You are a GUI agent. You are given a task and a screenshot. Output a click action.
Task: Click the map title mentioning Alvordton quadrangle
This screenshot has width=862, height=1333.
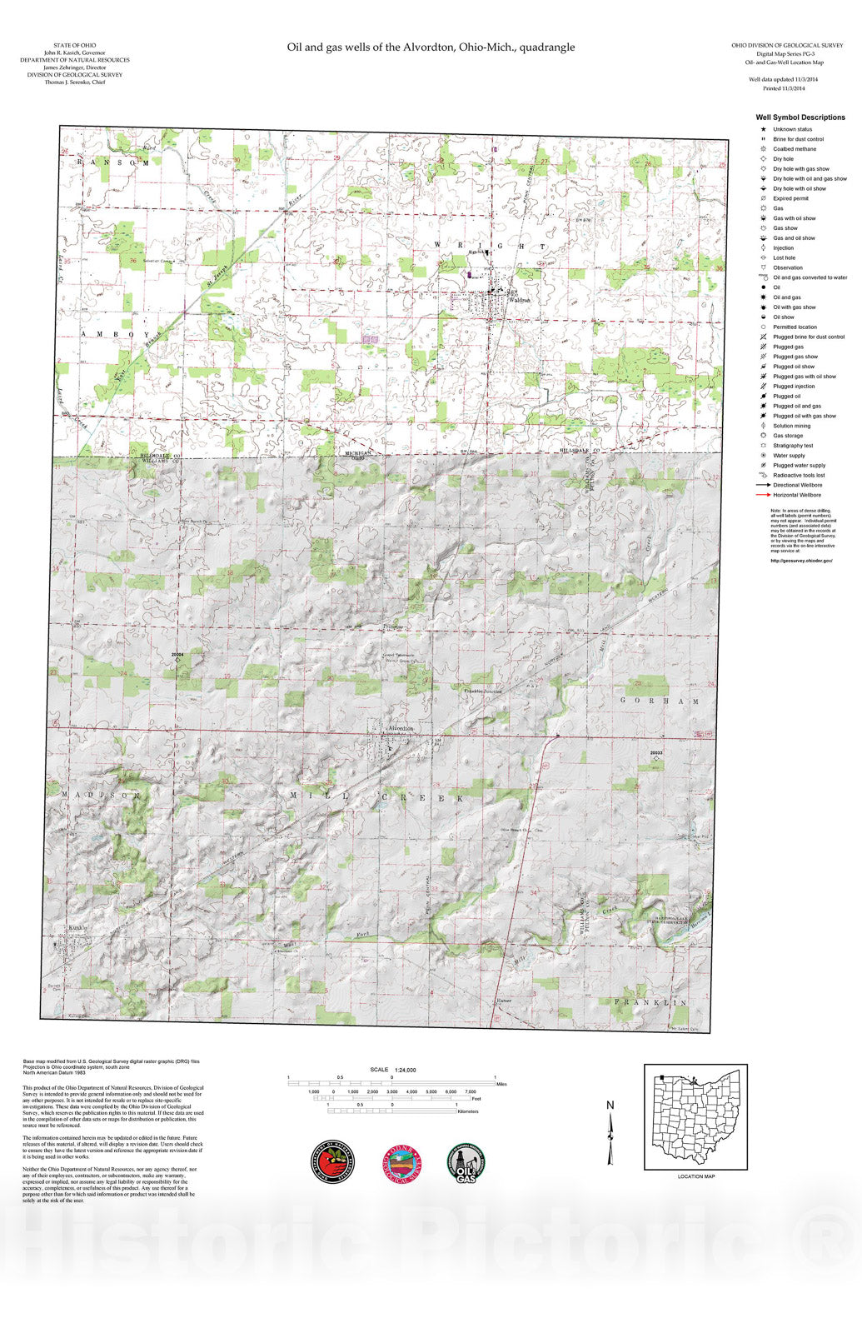(431, 47)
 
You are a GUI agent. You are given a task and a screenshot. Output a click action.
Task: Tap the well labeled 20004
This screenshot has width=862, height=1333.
(177, 662)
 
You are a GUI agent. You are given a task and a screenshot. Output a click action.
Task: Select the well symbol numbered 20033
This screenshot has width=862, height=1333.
(656, 758)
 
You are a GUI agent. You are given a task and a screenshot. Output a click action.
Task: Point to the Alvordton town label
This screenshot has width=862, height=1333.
(401, 728)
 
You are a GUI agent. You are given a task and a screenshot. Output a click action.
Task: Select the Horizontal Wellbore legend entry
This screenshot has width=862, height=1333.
(796, 495)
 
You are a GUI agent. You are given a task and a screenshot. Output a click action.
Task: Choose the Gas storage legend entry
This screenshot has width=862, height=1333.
(787, 436)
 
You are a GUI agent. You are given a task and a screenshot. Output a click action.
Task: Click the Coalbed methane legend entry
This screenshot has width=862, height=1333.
(794, 149)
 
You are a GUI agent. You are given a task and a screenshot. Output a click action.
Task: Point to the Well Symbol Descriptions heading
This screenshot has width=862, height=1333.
(800, 117)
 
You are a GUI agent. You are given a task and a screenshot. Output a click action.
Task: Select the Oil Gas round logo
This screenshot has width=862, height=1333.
(466, 1161)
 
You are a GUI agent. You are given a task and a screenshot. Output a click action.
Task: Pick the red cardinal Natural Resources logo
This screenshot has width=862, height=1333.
(332, 1161)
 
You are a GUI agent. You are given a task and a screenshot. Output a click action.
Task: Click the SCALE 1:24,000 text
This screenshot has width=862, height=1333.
(393, 1070)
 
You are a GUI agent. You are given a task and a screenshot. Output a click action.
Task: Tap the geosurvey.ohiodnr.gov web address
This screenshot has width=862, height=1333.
(800, 561)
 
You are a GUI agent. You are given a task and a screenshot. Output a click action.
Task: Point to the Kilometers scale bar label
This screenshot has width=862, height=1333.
(467, 1111)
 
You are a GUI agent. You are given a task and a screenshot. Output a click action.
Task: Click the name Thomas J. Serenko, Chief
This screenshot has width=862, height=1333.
(74, 82)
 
